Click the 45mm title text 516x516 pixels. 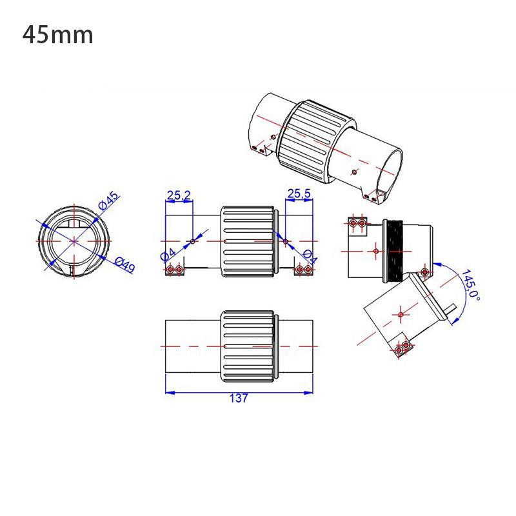[58, 35]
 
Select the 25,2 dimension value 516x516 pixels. [179, 194]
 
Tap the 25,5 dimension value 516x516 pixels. [299, 193]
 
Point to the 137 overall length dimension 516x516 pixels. [239, 399]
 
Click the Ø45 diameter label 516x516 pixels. [108, 201]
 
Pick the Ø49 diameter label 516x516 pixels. [123, 264]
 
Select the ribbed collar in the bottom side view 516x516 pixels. [249, 348]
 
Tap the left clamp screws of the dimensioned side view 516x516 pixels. [174, 270]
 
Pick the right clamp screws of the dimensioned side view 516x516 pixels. [304, 270]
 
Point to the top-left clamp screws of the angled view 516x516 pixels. [357, 223]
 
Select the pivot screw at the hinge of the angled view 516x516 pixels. [424, 270]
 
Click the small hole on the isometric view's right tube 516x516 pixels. [354, 172]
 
